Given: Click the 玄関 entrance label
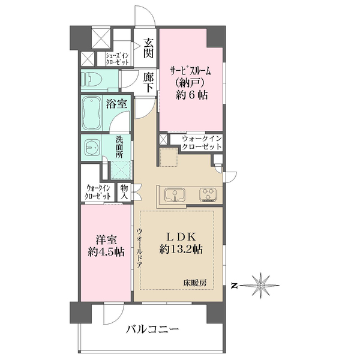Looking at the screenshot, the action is [x=148, y=48].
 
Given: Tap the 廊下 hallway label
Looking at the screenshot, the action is [x=148, y=82].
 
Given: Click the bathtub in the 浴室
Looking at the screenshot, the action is [x=92, y=113].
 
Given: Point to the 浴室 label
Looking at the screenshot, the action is [x=116, y=104].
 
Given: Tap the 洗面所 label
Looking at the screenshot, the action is [x=119, y=147].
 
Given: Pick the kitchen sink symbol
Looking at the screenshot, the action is [x=175, y=195].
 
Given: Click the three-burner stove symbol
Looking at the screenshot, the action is [x=208, y=194].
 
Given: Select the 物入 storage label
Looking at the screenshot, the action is [x=124, y=192].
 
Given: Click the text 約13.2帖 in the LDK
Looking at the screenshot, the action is [x=181, y=249].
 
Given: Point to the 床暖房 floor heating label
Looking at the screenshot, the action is [x=195, y=283].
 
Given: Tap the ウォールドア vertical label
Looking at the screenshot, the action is [x=139, y=248].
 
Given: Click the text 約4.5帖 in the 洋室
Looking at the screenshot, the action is [x=106, y=252].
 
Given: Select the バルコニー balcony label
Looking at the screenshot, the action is [x=152, y=330].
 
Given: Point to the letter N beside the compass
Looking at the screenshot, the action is [x=234, y=286].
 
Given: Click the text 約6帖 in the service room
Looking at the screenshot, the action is [x=192, y=95].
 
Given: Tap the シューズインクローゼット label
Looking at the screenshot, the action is [x=117, y=59].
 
